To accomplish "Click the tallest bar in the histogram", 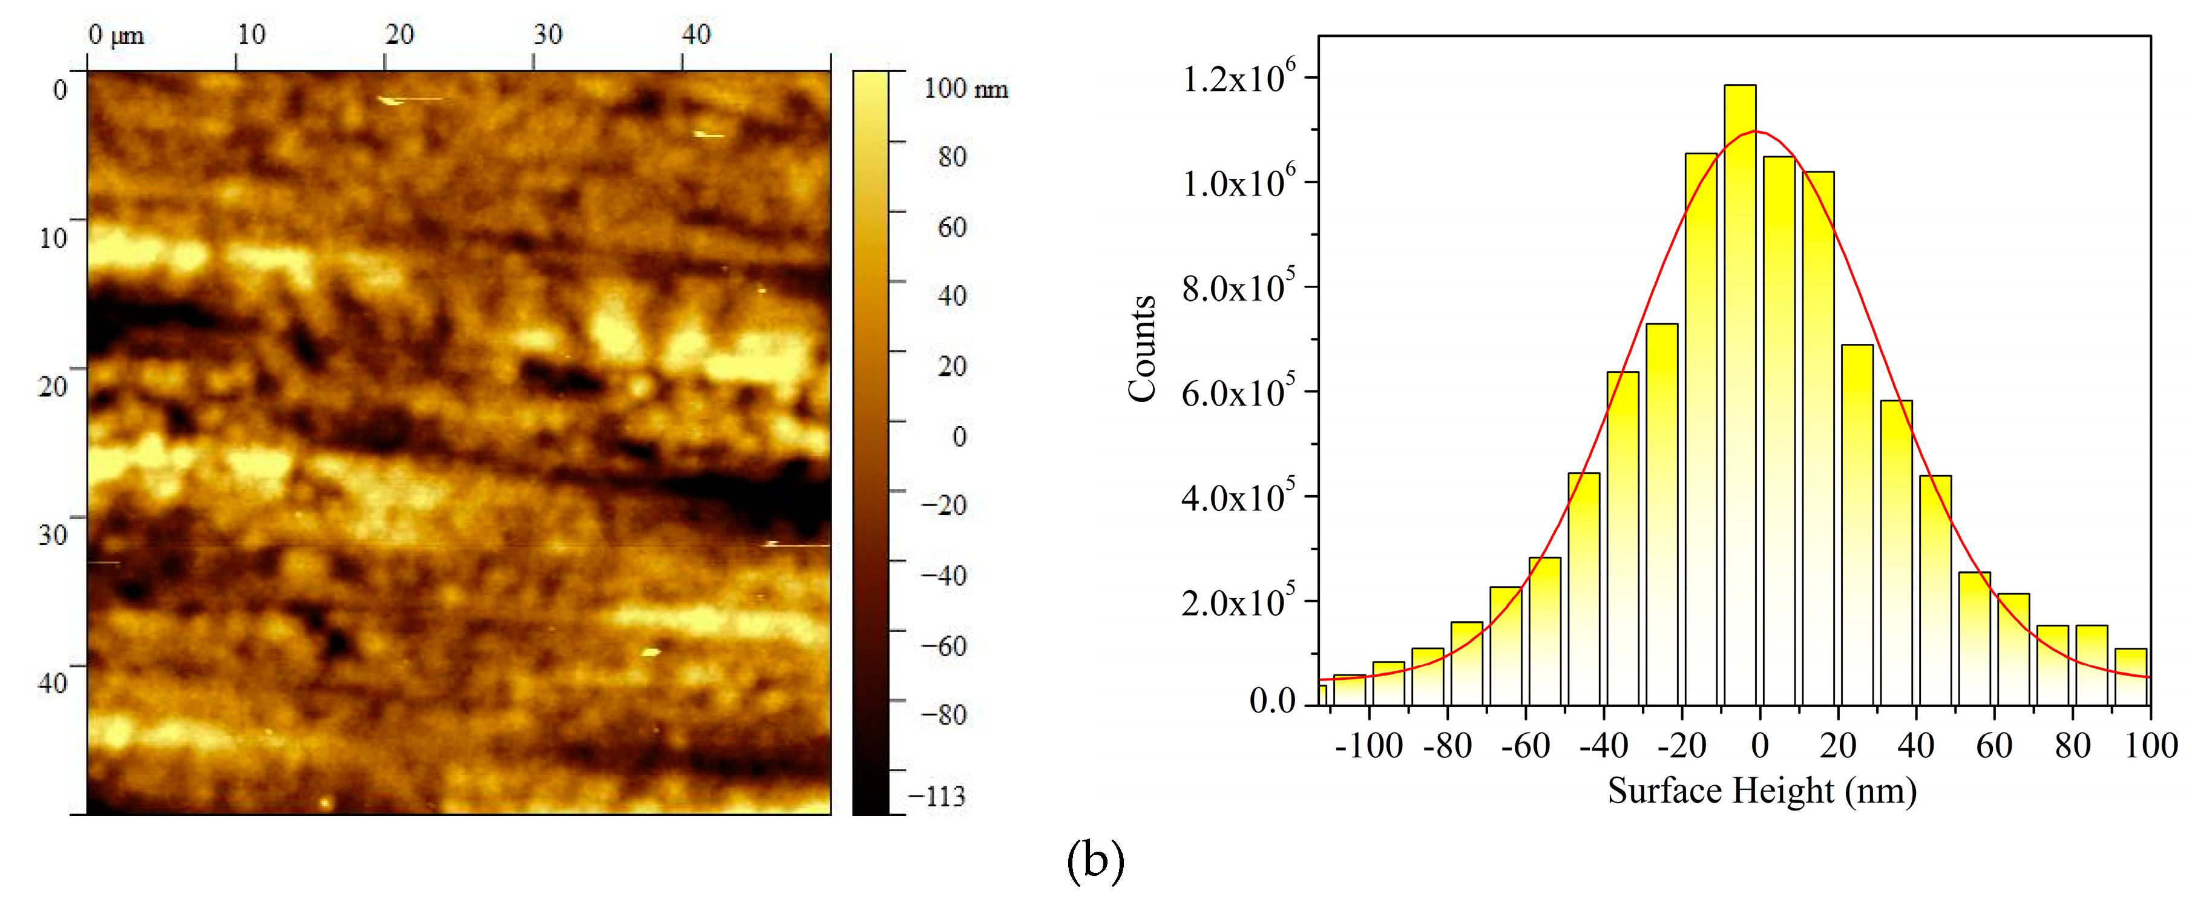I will [x=1739, y=392].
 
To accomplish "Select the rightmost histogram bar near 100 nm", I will [x=2130, y=677].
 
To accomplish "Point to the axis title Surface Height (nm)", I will [x=1762, y=791].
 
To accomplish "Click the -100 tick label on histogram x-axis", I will [x=1368, y=746].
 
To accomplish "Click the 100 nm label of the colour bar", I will [x=966, y=88].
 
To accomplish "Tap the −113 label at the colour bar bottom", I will [x=936, y=797].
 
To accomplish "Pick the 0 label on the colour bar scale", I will [x=959, y=436].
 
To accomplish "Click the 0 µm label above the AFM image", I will [x=116, y=35].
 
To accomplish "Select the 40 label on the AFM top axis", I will [x=696, y=35].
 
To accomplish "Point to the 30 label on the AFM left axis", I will [x=53, y=535].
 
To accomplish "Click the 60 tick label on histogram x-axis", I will [x=1993, y=746].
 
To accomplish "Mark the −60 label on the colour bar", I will [x=943, y=646].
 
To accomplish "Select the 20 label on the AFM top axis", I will [x=399, y=35].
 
